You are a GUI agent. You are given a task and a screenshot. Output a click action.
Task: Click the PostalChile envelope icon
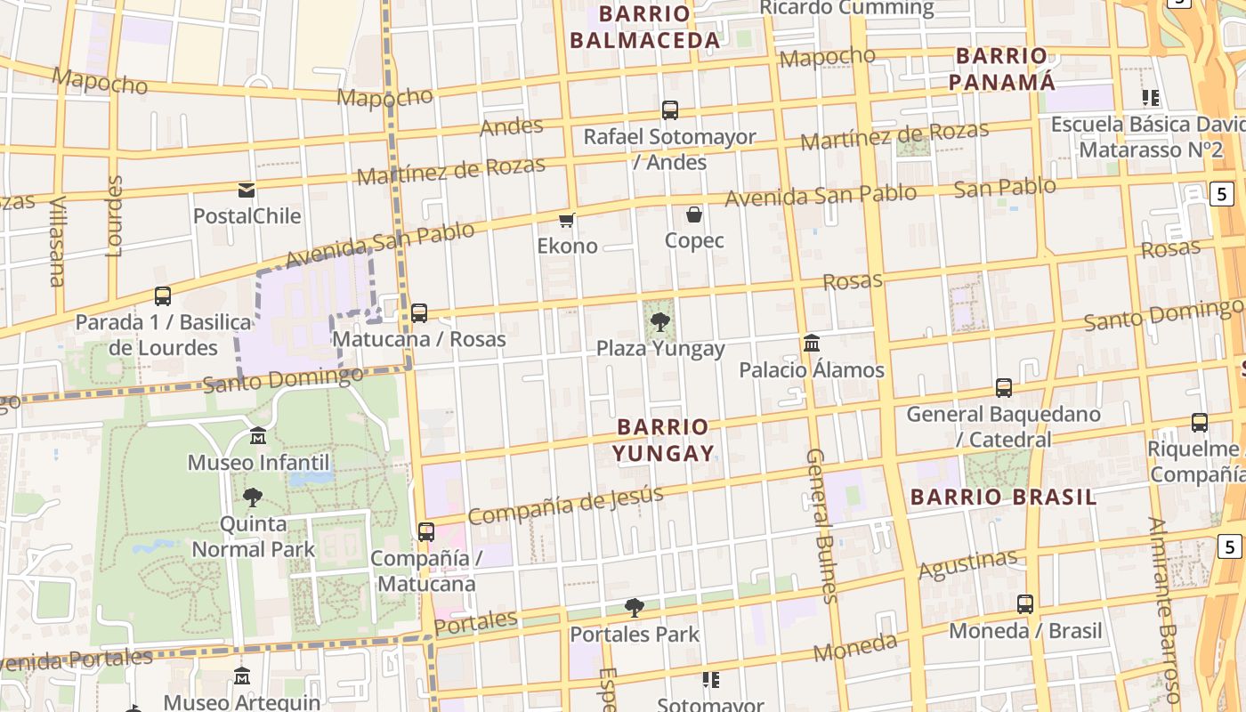coord(247,190)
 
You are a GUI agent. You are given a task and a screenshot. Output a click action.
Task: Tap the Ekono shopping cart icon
coord(567,220)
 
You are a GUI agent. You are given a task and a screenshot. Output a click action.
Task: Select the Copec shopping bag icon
coord(694,214)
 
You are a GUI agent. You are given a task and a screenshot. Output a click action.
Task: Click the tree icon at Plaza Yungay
coord(660,321)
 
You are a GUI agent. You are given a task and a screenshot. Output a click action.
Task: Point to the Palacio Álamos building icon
coord(812,343)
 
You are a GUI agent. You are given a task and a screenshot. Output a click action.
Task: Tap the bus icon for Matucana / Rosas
coord(419,313)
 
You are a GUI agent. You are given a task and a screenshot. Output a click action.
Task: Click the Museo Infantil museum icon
coord(258,436)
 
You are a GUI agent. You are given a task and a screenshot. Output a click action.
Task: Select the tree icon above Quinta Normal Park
coord(253,497)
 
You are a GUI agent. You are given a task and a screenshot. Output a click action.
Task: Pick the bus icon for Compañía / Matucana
coord(426,532)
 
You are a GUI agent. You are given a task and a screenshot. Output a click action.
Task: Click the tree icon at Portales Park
coord(635,608)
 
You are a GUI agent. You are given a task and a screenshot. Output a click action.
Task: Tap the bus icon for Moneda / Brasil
coord(1025,604)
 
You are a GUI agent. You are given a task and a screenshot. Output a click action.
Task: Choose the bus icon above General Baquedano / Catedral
coord(1004,388)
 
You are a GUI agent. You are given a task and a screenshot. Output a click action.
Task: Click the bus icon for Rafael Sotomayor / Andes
coord(670,110)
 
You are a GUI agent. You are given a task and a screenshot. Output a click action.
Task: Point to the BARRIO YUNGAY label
coord(664,440)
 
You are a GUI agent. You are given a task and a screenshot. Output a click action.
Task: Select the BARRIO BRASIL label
coord(1003,497)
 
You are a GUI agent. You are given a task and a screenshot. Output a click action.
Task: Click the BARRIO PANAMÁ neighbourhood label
coord(1001,69)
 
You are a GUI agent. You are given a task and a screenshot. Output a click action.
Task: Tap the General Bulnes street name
coord(822,525)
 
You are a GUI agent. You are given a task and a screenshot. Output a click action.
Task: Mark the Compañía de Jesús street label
coord(565,505)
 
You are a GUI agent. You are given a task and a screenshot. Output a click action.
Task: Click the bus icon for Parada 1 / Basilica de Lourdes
coord(163,295)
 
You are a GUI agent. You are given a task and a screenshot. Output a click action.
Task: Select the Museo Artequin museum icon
coord(242,676)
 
